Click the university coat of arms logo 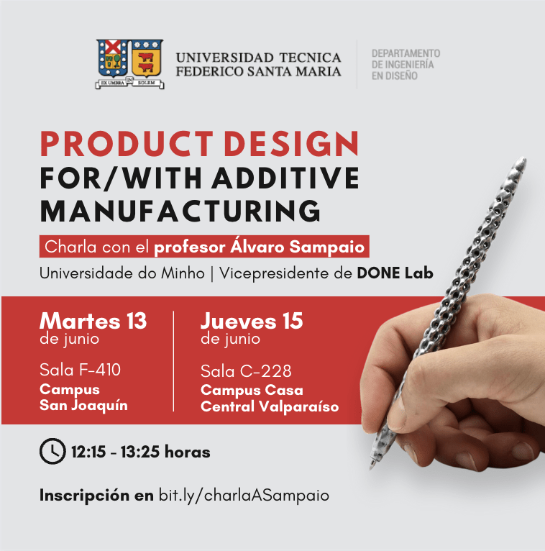[130, 63]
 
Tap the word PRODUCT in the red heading [127, 143]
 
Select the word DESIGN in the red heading [291, 143]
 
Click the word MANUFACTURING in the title [180, 211]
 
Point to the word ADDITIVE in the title [286, 178]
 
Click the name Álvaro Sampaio [298, 246]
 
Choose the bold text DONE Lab [395, 273]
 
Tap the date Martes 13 [93, 321]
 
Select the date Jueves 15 [252, 321]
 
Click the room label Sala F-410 [80, 370]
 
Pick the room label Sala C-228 [246, 371]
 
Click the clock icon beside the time [52, 451]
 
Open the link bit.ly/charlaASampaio [244, 496]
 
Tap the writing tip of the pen [372, 468]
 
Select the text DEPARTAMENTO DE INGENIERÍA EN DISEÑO [406, 64]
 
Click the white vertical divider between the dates [173, 361]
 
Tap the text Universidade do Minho [122, 273]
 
